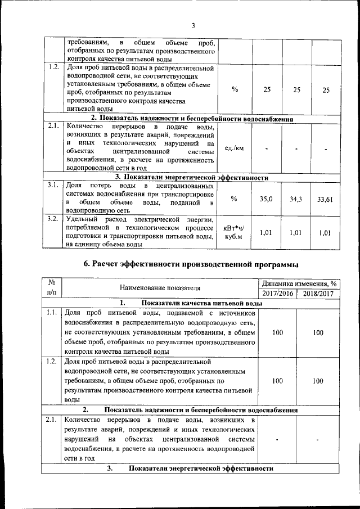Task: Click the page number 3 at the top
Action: pyautogui.click(x=192, y=25)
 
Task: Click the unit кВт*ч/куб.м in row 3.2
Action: pyautogui.click(x=233, y=232)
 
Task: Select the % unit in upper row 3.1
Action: pyautogui.click(x=234, y=199)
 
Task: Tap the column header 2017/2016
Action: pyautogui.click(x=277, y=293)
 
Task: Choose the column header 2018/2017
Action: pyautogui.click(x=318, y=293)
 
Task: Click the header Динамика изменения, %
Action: pyautogui.click(x=298, y=283)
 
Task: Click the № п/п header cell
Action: pyautogui.click(x=52, y=288)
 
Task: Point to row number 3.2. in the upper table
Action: pyautogui.click(x=53, y=219)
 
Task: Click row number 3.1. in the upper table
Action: pyautogui.click(x=53, y=185)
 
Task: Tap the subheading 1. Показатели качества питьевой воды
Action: pyautogui.click(x=180, y=303)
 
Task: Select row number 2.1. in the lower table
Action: pyautogui.click(x=52, y=420)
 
